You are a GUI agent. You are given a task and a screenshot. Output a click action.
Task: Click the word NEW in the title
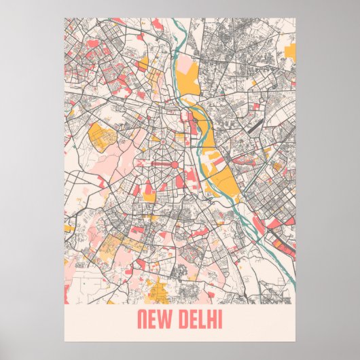pos(156,319)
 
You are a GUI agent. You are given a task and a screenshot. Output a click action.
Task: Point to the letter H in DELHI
pos(211,319)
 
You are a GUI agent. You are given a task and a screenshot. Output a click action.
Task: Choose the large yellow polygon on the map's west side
pos(103,135)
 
